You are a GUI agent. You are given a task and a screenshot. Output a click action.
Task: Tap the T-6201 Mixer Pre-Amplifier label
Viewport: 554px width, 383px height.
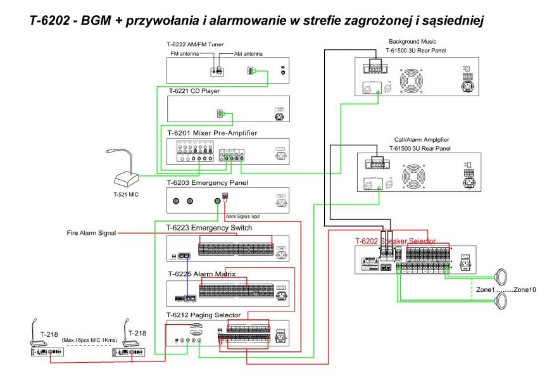(212, 132)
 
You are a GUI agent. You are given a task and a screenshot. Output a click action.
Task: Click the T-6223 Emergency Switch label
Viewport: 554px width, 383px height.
(209, 227)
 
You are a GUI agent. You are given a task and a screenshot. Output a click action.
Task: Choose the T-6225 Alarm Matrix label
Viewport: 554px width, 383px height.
(201, 274)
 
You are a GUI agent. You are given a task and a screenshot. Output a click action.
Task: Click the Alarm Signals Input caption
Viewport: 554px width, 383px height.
(242, 215)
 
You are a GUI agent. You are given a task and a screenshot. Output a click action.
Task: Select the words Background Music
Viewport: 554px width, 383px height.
(410, 41)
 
